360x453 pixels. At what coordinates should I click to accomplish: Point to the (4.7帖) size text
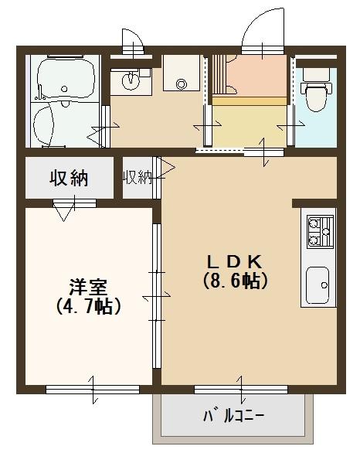(88, 306)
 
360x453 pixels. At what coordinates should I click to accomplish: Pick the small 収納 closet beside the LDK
(137, 178)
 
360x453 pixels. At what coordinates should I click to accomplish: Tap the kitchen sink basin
(318, 284)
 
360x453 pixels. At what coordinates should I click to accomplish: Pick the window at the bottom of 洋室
(92, 388)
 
